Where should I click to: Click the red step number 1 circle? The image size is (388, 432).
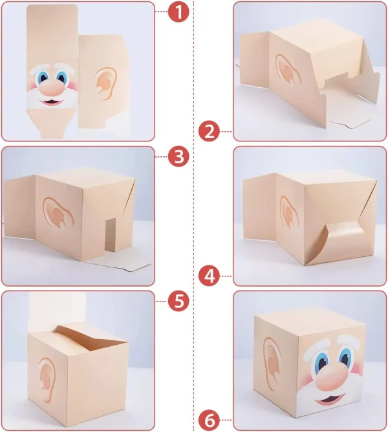tap(179, 12)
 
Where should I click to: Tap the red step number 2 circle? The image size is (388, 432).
tap(210, 132)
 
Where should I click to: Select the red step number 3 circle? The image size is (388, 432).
tap(179, 156)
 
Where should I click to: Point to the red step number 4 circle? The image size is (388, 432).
tap(210, 276)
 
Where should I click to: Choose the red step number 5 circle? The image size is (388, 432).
tap(179, 301)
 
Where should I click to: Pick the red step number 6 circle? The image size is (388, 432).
tap(210, 421)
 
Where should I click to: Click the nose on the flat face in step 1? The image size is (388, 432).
tap(51, 88)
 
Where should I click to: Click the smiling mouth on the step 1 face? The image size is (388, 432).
tap(52, 102)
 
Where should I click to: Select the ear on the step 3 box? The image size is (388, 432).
tap(58, 212)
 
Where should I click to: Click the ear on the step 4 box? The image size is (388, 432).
tap(289, 212)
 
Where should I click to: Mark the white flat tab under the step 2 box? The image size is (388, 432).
tap(349, 122)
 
